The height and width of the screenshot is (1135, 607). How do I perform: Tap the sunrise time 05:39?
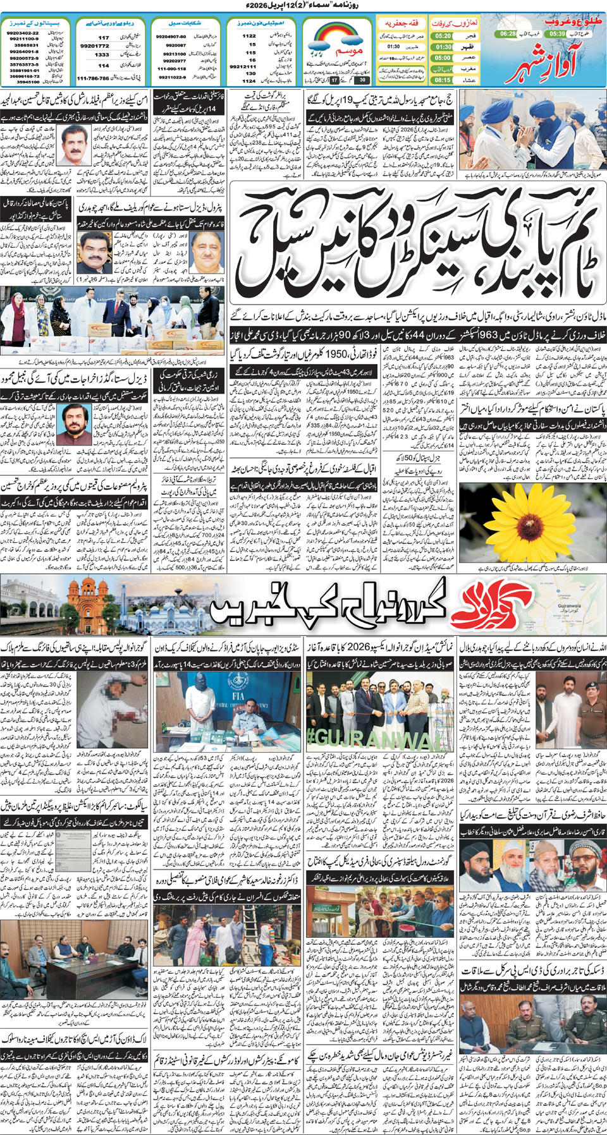557,33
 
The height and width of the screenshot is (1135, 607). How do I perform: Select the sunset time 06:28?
508,33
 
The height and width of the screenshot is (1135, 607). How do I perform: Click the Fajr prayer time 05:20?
443,37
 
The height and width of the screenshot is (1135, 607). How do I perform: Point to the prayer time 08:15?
443,80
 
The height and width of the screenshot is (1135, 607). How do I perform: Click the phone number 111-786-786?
93,78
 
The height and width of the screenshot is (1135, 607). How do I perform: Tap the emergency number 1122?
249,37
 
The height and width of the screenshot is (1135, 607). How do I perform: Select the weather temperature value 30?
362,80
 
